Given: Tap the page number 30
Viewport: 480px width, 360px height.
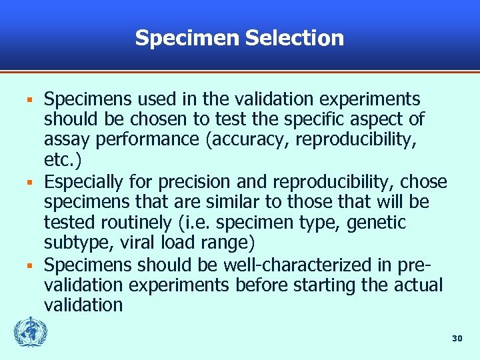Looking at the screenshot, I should [x=457, y=339].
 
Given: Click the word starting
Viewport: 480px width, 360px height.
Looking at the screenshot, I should [x=340, y=285].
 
